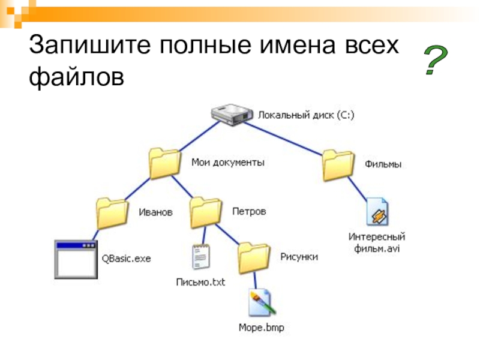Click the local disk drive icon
tap(232, 115)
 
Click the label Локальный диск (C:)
tap(306, 115)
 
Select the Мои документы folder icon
tap(164, 163)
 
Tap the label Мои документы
tap(228, 162)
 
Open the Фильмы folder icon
tap(338, 165)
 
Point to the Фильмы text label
tap(383, 164)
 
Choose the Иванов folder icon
tap(112, 214)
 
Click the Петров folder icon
tap(206, 213)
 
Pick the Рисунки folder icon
tap(254, 258)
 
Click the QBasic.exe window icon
tap(76, 260)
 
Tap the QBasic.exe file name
tap(126, 259)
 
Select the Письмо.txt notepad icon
tap(201, 257)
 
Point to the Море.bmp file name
tap(262, 328)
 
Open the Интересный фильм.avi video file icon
tap(377, 212)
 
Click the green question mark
tap(436, 59)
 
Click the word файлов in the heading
tap(77, 77)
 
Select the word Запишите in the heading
tap(89, 44)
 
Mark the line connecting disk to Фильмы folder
tap(283, 139)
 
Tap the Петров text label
tap(249, 212)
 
